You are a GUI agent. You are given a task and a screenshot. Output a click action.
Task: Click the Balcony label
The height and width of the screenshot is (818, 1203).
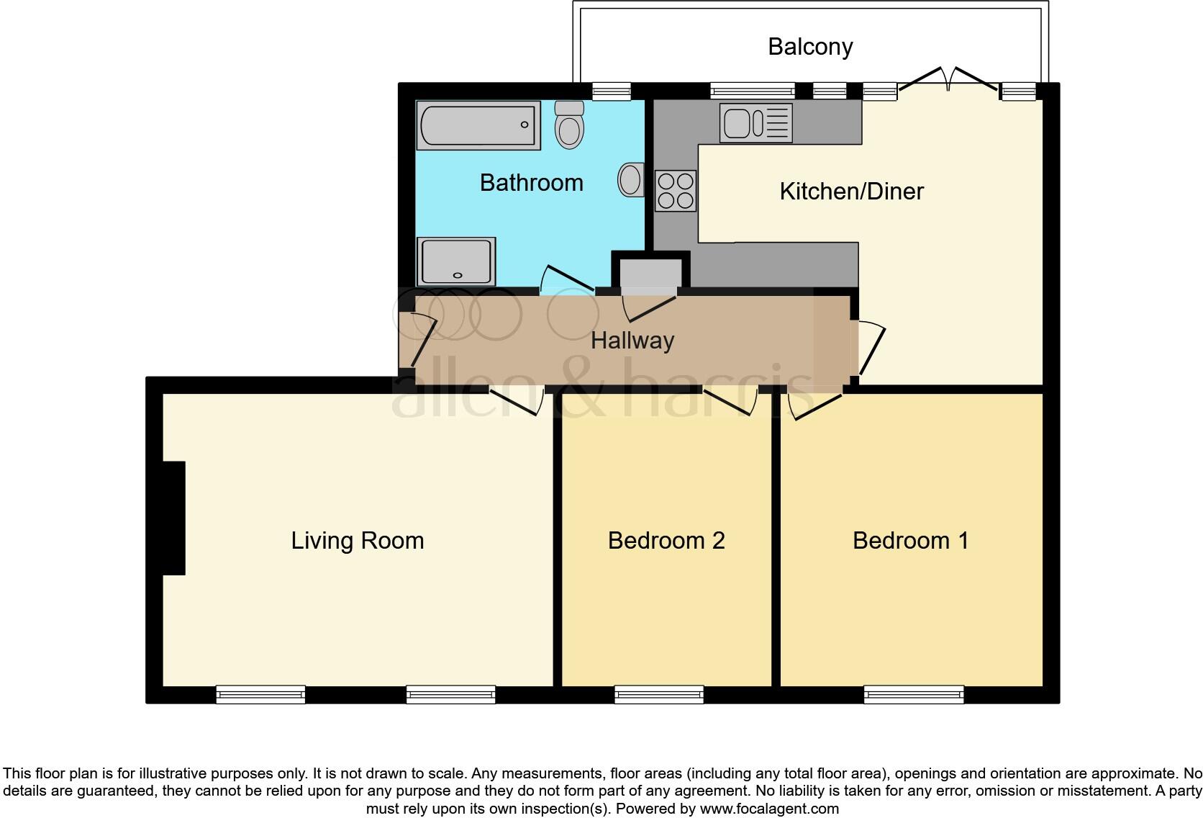click(810, 47)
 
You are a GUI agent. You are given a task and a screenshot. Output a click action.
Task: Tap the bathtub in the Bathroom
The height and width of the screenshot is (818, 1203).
click(478, 125)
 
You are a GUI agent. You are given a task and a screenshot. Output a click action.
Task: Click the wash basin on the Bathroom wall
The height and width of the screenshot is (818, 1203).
click(630, 179)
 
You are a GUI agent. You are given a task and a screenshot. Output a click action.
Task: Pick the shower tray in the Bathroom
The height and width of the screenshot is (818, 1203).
click(456, 261)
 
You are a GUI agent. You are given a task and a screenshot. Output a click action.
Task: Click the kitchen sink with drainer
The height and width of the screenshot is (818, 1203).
click(755, 123)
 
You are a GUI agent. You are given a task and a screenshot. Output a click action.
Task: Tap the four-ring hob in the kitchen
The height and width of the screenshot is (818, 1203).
click(675, 191)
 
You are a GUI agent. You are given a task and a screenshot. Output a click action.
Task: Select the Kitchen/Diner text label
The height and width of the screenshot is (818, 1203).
click(851, 192)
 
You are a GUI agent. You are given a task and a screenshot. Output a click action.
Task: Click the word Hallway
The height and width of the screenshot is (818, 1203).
click(632, 341)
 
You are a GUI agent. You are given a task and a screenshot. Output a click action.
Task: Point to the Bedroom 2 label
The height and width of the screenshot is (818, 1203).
click(666, 541)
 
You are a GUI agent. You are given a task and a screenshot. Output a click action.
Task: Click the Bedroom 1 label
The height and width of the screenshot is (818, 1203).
click(910, 541)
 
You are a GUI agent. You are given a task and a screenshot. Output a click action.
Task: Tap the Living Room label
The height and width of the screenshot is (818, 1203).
click(357, 541)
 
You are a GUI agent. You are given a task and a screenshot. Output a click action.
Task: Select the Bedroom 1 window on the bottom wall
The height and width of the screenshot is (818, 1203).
click(914, 695)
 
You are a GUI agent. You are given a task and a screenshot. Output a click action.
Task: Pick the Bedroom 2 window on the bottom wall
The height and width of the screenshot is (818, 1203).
click(659, 695)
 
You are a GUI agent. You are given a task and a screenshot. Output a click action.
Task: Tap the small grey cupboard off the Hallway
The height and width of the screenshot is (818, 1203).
click(650, 274)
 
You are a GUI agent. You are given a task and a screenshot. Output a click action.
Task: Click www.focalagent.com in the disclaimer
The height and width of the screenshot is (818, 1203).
click(768, 809)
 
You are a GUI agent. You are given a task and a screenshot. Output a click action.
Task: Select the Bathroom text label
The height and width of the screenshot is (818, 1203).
click(531, 183)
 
